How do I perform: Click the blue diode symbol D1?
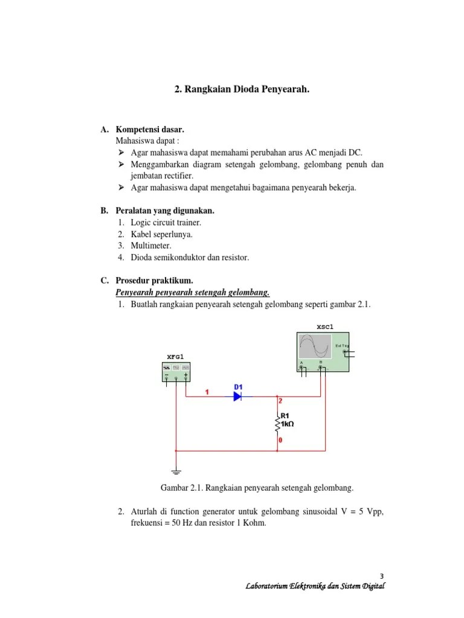click(x=237, y=397)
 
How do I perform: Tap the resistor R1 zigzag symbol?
click(x=277, y=425)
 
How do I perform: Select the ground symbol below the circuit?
click(x=175, y=471)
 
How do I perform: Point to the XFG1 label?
click(x=175, y=357)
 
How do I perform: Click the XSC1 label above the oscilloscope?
click(x=324, y=327)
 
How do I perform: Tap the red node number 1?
click(x=207, y=392)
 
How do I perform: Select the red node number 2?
click(x=280, y=401)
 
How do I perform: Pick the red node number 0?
click(x=280, y=441)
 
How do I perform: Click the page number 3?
click(x=382, y=575)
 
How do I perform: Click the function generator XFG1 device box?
click(x=175, y=371)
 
